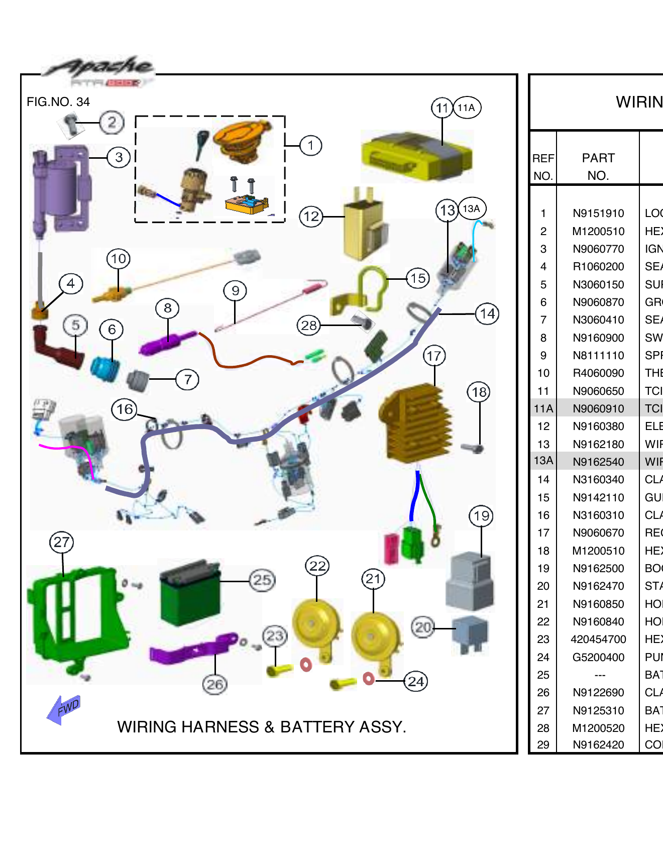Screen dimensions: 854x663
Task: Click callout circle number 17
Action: coord(434,356)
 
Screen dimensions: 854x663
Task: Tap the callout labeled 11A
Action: coord(467,108)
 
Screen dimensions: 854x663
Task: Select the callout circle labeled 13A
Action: coord(472,208)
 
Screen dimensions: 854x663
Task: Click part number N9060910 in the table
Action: coord(598,408)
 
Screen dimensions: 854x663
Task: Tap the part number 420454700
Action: coord(598,639)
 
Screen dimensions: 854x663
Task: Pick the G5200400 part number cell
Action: coord(598,657)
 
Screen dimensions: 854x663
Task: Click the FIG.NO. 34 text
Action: coord(58,102)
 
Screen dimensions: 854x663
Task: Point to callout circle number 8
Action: coord(167,307)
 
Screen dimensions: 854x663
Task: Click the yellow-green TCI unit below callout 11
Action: coord(416,156)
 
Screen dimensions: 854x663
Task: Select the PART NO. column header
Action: coord(598,166)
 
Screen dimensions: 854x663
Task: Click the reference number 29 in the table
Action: coord(543,744)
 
